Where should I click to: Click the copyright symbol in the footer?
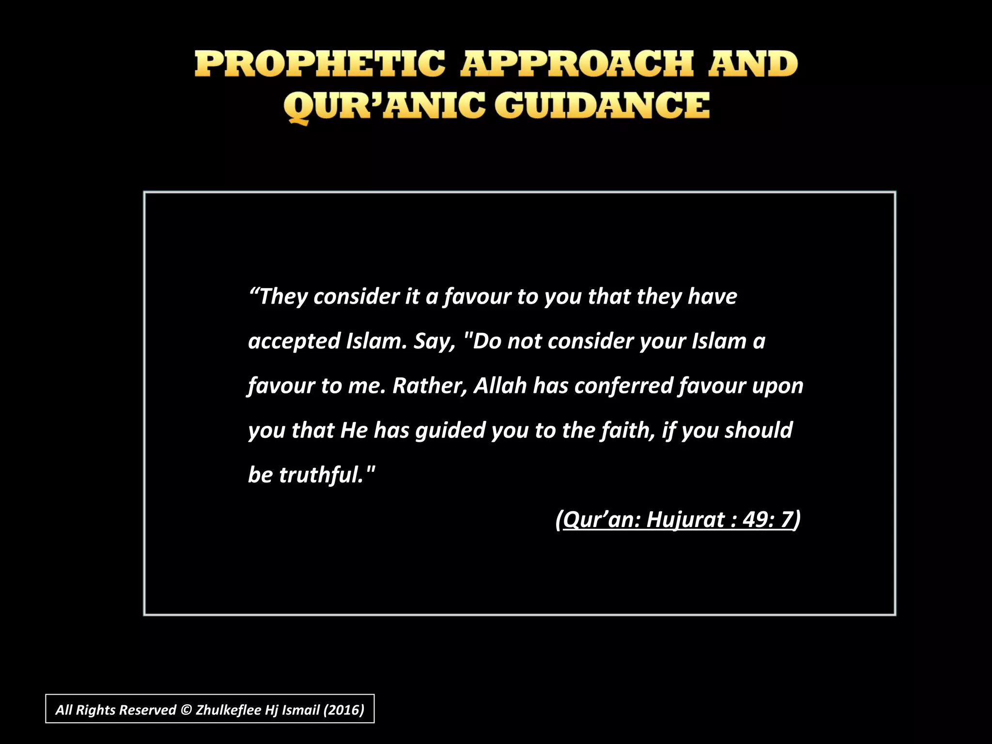[x=186, y=710]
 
